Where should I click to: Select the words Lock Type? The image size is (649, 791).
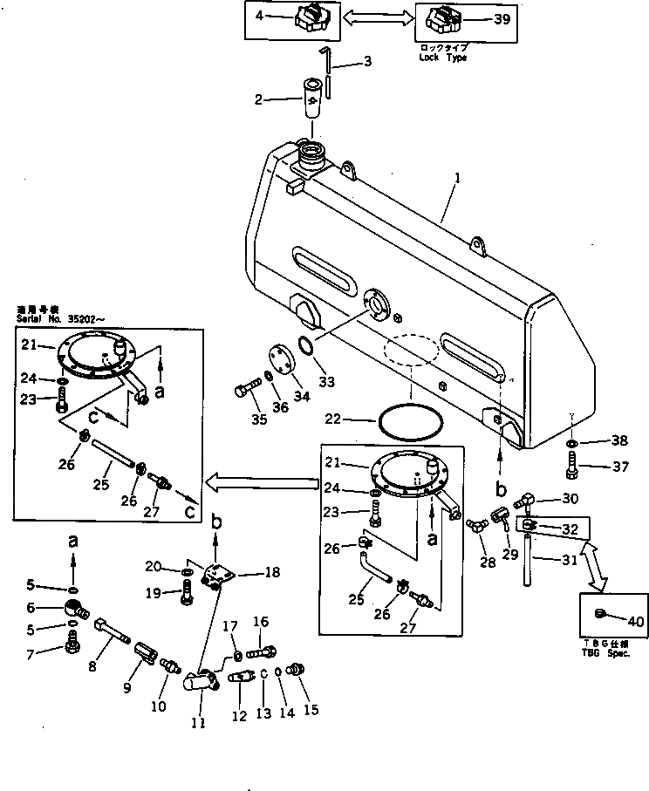pyautogui.click(x=443, y=58)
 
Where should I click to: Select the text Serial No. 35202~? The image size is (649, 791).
pyautogui.click(x=53, y=317)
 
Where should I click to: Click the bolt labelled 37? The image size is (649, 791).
pyautogui.click(x=571, y=467)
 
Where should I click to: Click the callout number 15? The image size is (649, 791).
pyautogui.click(x=311, y=710)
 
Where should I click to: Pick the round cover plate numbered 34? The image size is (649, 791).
pyautogui.click(x=280, y=364)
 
